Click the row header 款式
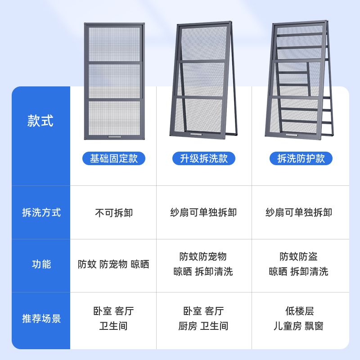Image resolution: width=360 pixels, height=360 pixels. click(x=40, y=121)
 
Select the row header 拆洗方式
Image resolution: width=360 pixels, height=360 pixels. click(x=41, y=212)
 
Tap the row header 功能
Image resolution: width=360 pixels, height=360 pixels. click(x=41, y=264)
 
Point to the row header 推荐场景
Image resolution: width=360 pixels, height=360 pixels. click(x=41, y=319)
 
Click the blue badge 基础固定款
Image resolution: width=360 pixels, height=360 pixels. click(x=114, y=158)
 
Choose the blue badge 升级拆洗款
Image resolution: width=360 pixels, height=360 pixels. click(x=204, y=158)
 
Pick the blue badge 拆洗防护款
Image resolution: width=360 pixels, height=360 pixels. click(x=301, y=158)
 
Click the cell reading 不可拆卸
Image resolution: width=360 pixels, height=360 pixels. click(x=114, y=213)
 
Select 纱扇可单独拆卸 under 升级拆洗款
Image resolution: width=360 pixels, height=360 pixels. click(x=203, y=213)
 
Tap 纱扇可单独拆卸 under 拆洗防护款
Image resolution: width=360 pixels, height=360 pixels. click(x=299, y=213)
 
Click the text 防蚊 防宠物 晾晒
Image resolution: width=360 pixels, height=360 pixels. click(x=113, y=265)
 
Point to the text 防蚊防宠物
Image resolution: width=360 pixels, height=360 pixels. click(x=203, y=257)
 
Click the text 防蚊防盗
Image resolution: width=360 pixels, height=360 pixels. click(x=299, y=257)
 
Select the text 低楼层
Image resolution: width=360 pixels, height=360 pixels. click(x=299, y=311)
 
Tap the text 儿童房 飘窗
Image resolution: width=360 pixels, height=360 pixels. click(x=299, y=326)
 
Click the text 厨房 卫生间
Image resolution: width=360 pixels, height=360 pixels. click(x=203, y=326)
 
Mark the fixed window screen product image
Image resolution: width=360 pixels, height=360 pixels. click(x=114, y=81)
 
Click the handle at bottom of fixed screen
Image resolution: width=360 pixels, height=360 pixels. click(x=114, y=136)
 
